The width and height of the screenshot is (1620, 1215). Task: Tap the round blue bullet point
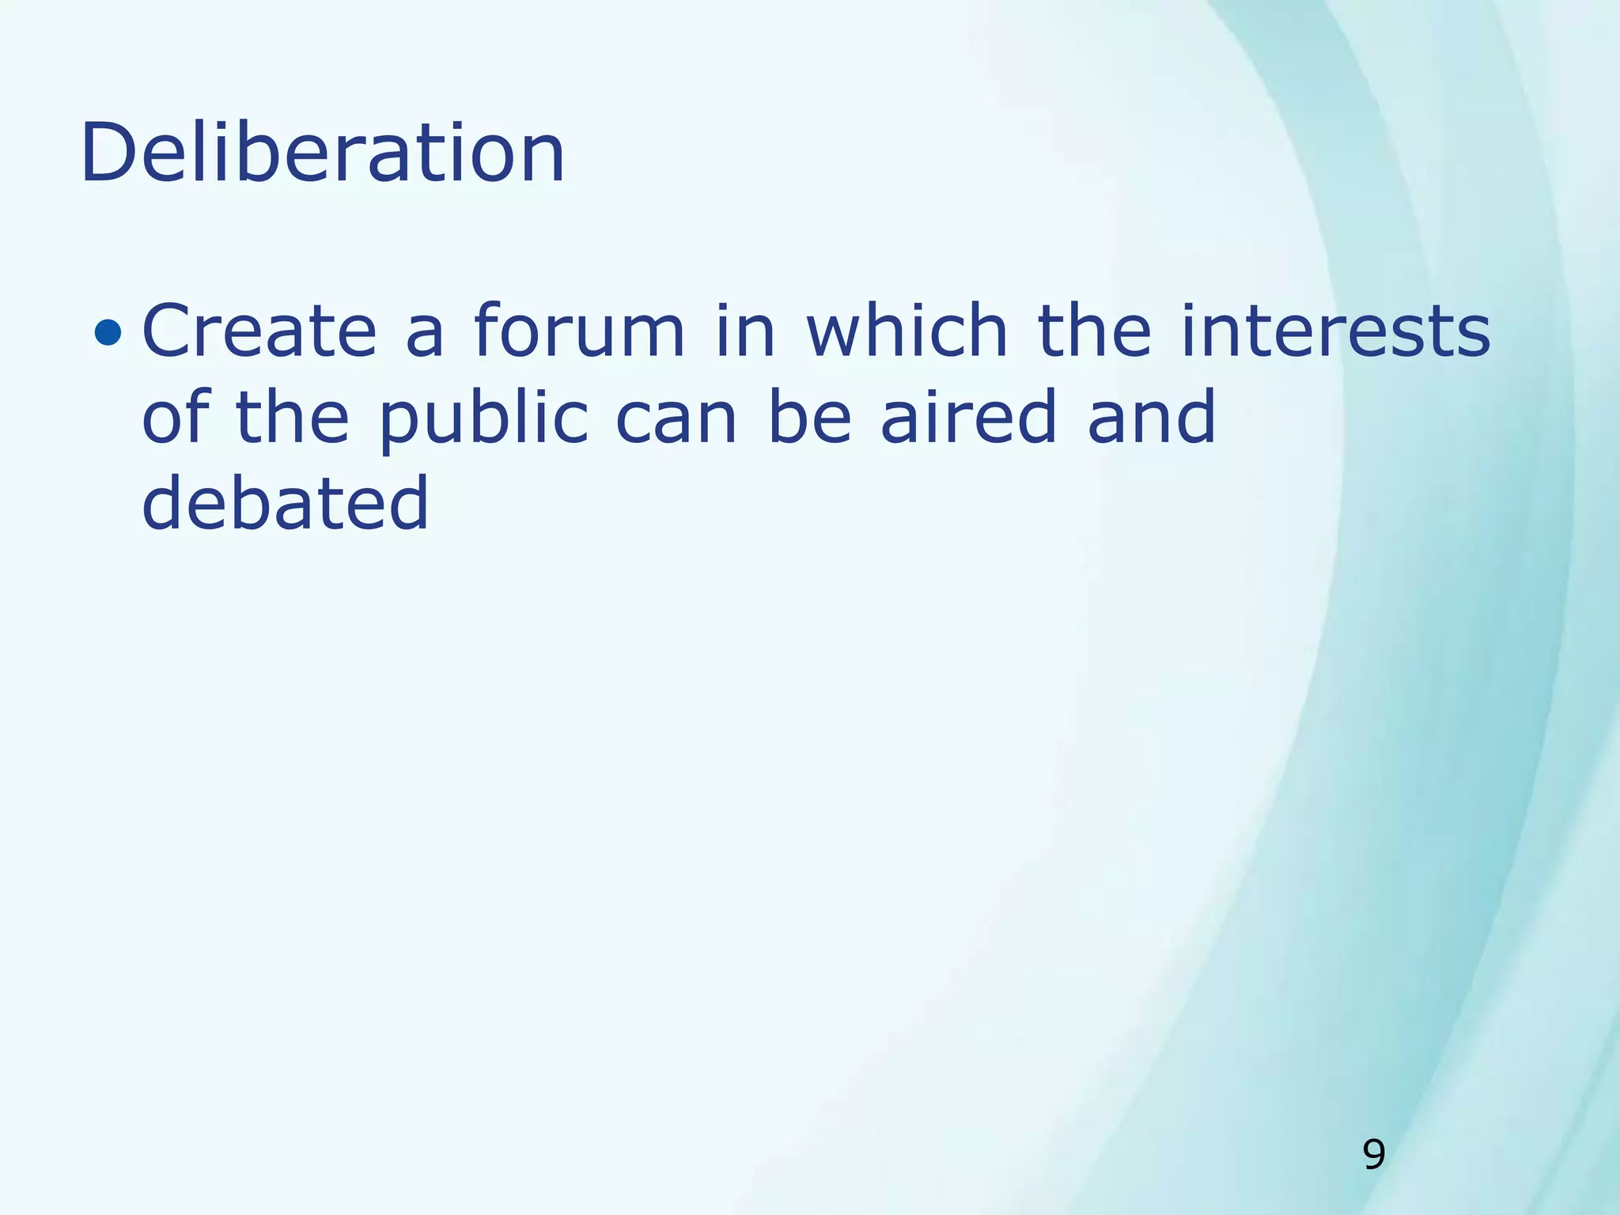tap(108, 333)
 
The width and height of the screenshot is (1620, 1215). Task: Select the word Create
tap(259, 331)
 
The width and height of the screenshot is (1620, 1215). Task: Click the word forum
tap(579, 331)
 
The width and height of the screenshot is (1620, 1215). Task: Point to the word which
tap(907, 331)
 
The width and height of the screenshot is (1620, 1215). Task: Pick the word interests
tap(1335, 331)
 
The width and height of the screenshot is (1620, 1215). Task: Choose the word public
tap(483, 419)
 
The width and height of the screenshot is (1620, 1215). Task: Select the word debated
tap(285, 503)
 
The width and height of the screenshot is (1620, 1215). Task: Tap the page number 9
tap(1374, 1155)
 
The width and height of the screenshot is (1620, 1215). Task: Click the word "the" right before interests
tap(1094, 331)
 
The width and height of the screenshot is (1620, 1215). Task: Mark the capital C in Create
tap(168, 331)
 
